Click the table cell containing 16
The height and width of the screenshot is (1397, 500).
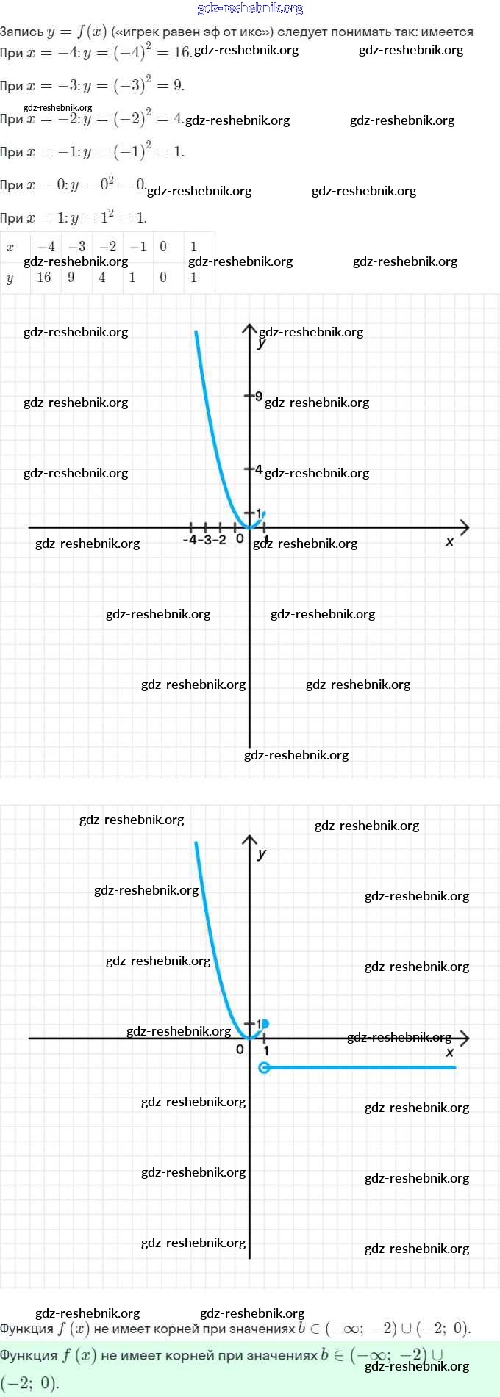(x=44, y=278)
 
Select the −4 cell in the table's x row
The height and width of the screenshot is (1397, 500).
(x=46, y=247)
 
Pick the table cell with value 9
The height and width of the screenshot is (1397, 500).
(x=71, y=278)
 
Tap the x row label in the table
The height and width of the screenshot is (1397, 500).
(x=10, y=247)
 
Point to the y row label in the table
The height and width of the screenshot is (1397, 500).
(x=10, y=278)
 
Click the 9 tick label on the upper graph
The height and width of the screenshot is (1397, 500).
(x=259, y=396)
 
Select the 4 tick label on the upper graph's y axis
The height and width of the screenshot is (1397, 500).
(x=258, y=469)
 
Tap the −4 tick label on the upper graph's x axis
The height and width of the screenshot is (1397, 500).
(x=190, y=540)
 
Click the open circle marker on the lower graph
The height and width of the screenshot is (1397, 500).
(x=265, y=1068)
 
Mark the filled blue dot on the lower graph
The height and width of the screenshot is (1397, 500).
(x=265, y=1023)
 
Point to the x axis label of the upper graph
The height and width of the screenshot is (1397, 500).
(x=450, y=541)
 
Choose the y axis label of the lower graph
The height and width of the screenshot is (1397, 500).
(x=262, y=853)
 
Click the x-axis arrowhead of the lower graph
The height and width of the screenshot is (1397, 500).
(x=464, y=1038)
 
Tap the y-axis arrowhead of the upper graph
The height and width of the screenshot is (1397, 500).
(x=250, y=328)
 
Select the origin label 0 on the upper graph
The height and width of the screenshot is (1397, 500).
(x=240, y=538)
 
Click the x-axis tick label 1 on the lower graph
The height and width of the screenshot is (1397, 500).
(x=266, y=1051)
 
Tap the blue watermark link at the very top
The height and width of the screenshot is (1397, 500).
(x=250, y=9)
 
